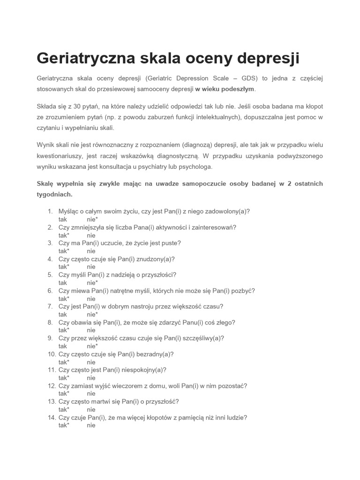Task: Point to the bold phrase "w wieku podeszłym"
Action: [225, 89]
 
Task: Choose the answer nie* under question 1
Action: [92, 219]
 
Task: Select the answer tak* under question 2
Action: [64, 235]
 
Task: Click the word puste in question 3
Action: [170, 243]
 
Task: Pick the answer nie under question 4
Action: [91, 267]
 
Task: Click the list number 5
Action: [50, 275]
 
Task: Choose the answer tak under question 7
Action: [63, 315]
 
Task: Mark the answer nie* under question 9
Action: [92, 346]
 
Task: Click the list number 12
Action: [52, 386]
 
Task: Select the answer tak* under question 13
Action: [64, 410]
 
